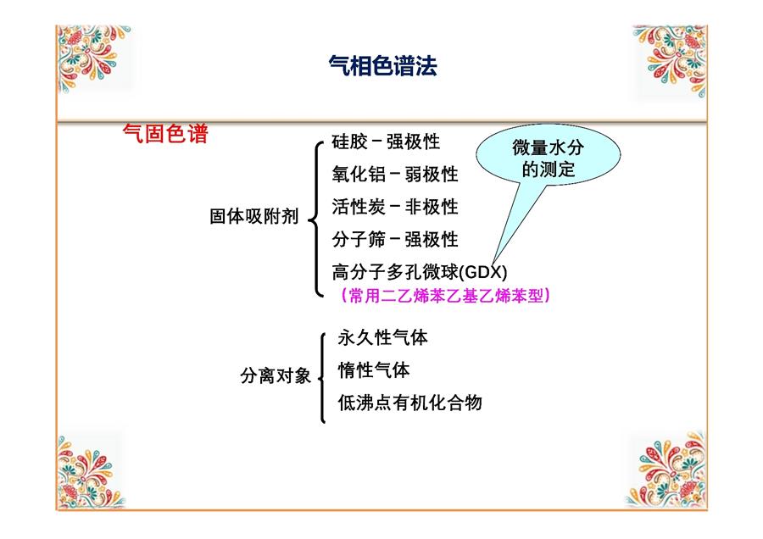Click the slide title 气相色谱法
[383, 65]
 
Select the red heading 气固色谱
[165, 133]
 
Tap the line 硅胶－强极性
[386, 142]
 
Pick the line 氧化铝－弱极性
[395, 174]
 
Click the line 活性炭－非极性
[395, 207]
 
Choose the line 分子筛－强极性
[395, 239]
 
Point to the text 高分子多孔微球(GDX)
[420, 272]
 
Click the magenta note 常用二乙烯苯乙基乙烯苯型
[446, 295]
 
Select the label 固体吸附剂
[253, 216]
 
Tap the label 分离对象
[276, 375]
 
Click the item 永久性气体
[383, 337]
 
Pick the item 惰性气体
[374, 370]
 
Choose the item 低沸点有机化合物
[409, 403]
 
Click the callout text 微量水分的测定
[549, 158]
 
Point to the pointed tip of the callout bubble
[493, 264]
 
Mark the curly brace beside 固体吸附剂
[316, 219]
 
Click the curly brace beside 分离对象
[321, 378]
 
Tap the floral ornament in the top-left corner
[92, 57]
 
